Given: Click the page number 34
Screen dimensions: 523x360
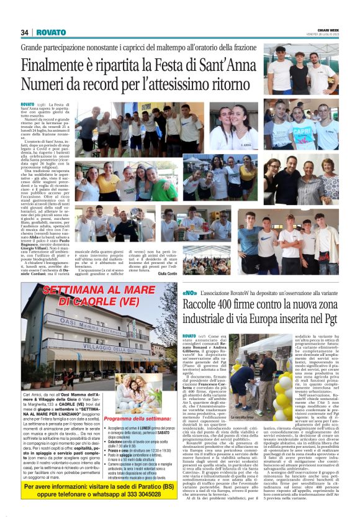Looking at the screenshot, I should pyautogui.click(x=25, y=32).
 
